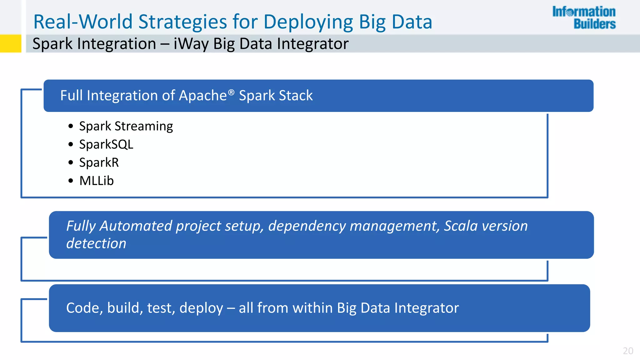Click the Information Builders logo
tap(584, 18)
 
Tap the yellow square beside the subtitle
tap(10, 43)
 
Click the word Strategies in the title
tap(182, 22)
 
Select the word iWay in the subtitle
tap(191, 43)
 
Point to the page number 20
tap(628, 351)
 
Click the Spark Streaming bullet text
tap(126, 126)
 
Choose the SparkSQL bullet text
tap(106, 144)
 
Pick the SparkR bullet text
tap(99, 162)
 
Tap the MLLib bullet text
tap(96, 181)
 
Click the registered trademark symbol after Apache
tap(231, 92)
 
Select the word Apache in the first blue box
tap(202, 96)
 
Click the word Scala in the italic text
tap(460, 226)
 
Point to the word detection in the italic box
tap(96, 243)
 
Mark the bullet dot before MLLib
tap(71, 181)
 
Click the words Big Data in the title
tap(395, 22)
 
